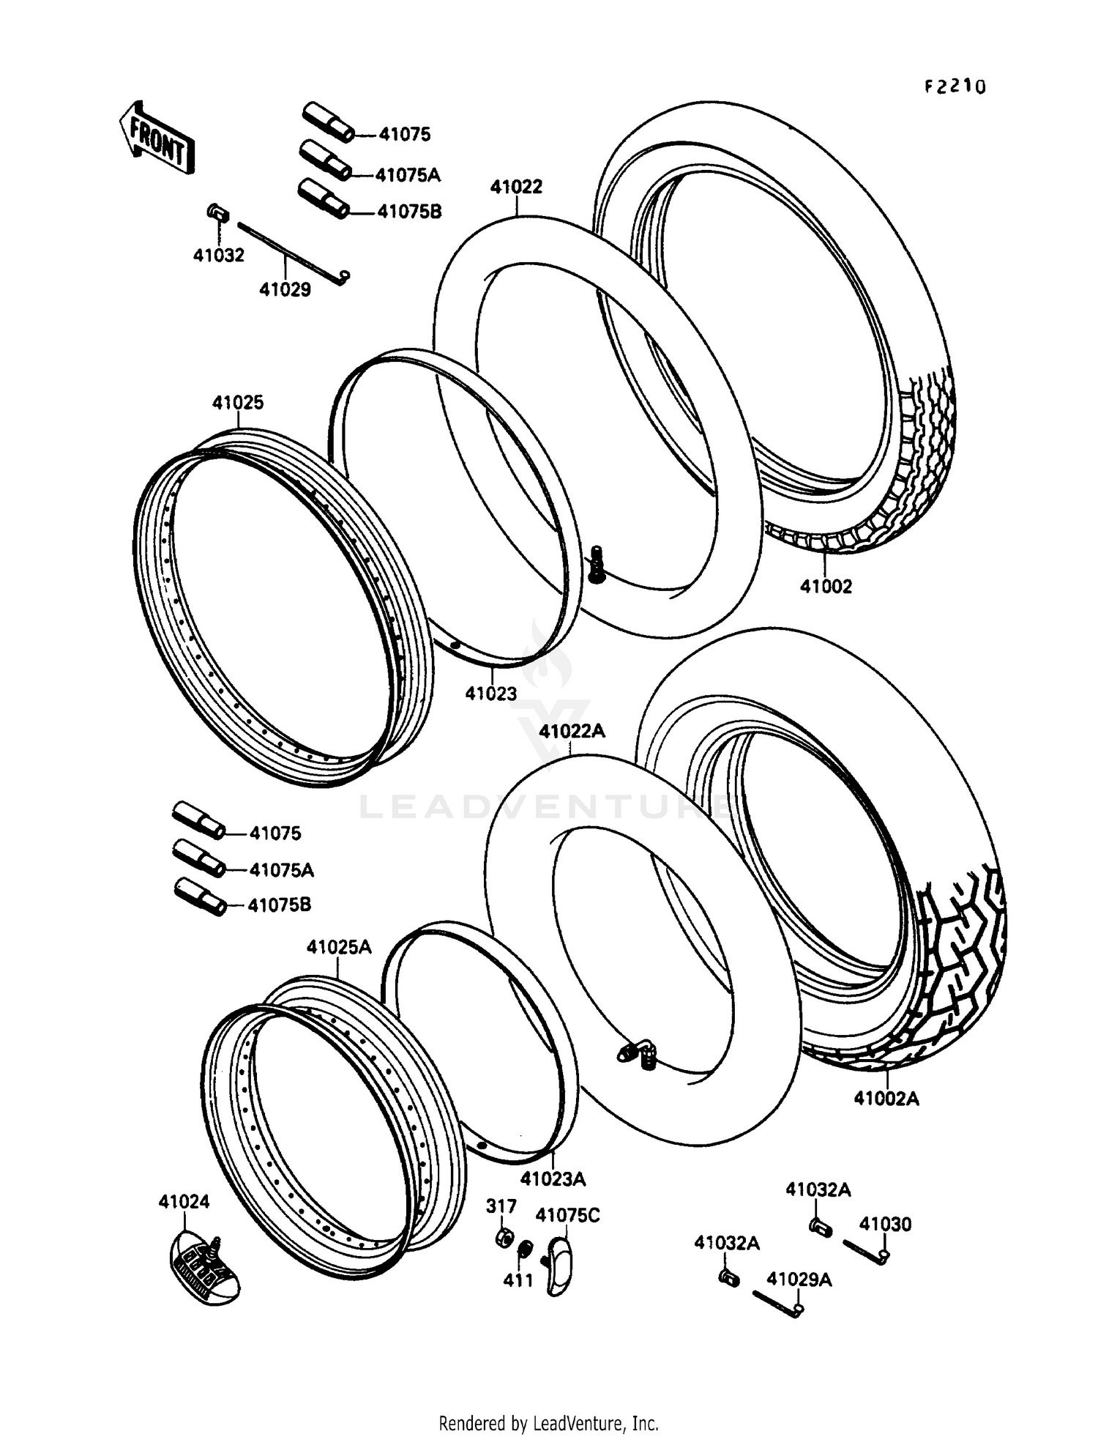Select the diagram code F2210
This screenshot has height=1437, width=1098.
coord(955,87)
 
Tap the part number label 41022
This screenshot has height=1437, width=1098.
coord(516,187)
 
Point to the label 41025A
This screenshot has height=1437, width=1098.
coord(338,947)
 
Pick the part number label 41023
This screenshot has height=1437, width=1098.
coord(490,693)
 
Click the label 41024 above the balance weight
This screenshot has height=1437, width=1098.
coord(184,1201)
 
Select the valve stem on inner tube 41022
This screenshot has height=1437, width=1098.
coord(597,565)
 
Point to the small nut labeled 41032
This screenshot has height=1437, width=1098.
coord(217,213)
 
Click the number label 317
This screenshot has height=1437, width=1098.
coord(501,1206)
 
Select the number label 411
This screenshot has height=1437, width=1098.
coord(518,1280)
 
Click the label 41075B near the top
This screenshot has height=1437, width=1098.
coord(409,212)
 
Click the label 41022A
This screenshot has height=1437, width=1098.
coord(572,731)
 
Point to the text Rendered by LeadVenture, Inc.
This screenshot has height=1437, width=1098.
coord(548,1423)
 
